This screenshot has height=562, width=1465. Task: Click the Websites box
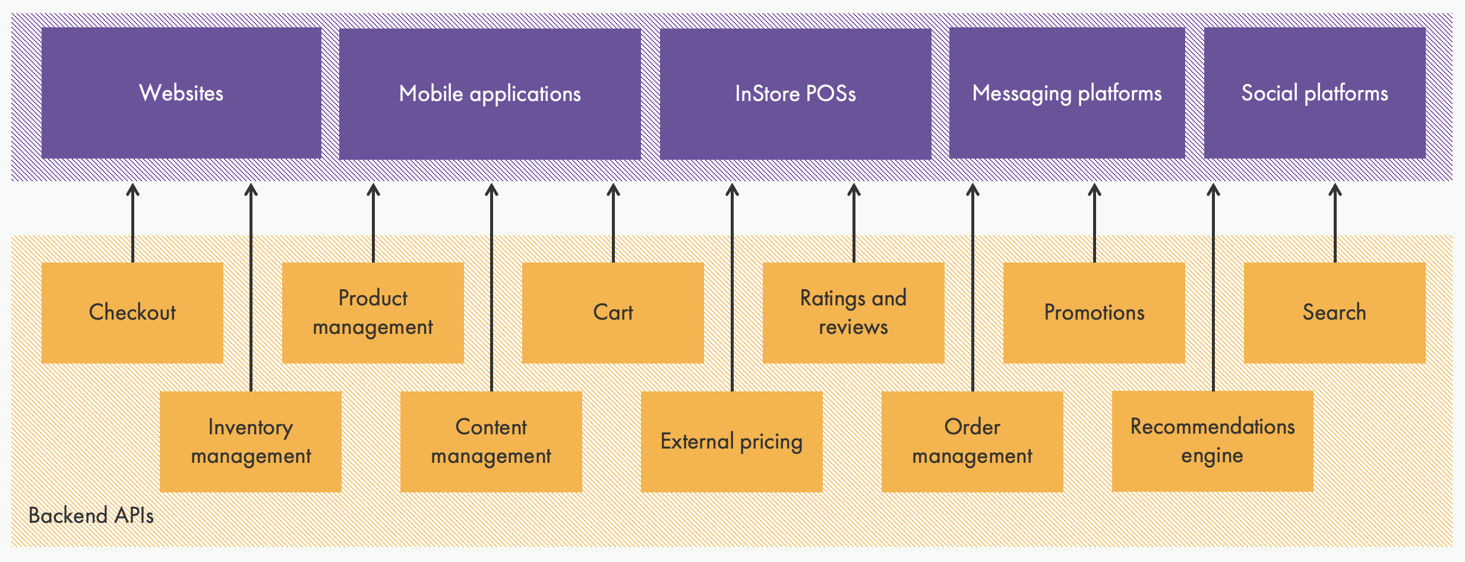[x=181, y=93]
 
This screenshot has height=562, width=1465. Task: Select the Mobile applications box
[x=490, y=94]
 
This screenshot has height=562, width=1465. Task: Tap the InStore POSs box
[x=795, y=94]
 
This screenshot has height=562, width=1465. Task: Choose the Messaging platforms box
[x=1066, y=93]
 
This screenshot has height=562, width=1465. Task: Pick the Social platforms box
[x=1314, y=93]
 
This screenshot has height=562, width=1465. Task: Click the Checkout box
[x=132, y=312]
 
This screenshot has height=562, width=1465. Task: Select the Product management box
[x=372, y=312]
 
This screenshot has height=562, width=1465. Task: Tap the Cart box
[x=612, y=312]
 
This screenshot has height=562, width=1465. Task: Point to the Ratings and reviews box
[x=853, y=312]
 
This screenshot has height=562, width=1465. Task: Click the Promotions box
[x=1094, y=312]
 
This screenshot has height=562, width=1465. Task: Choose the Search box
[x=1334, y=312]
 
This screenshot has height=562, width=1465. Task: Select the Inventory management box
[x=251, y=441]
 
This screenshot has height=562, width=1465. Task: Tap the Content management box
[x=491, y=441]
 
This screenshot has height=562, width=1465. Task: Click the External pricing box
[x=731, y=441]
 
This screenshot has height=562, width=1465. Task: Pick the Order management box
[x=972, y=441]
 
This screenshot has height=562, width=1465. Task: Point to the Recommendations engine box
[x=1212, y=441]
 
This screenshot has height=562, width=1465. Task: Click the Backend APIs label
[x=91, y=516]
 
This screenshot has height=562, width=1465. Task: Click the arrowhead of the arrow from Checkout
[x=133, y=189]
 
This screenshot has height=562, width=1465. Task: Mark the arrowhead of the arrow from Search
[x=1335, y=189]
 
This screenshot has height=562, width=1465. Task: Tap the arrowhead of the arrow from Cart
[x=613, y=189]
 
